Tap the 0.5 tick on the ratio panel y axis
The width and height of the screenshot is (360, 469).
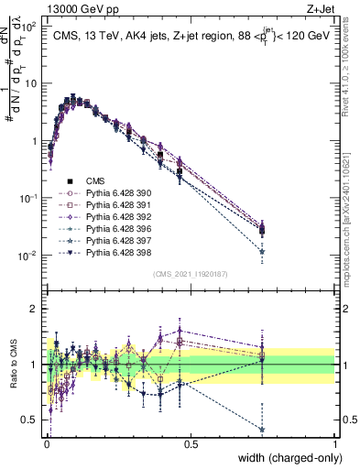[x=33, y=421]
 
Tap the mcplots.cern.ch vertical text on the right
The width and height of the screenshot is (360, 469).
[x=349, y=229]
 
